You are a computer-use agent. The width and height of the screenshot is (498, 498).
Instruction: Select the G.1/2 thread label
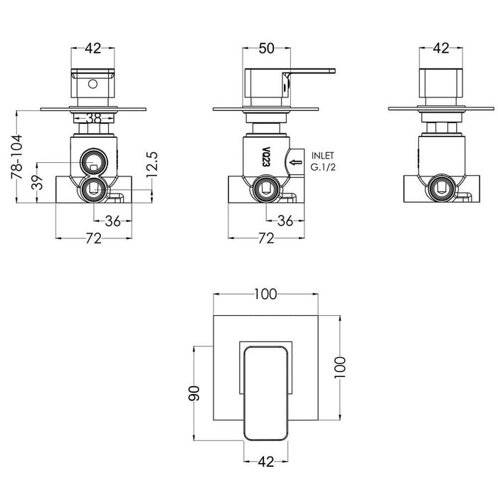pos(323,167)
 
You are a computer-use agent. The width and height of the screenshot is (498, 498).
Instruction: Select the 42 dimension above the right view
pos(440,48)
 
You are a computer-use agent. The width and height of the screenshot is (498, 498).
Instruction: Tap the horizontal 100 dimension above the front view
pos(267,293)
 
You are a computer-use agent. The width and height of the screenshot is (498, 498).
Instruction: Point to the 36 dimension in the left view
pos(112,221)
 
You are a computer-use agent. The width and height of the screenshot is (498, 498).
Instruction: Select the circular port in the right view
pos(440,189)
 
